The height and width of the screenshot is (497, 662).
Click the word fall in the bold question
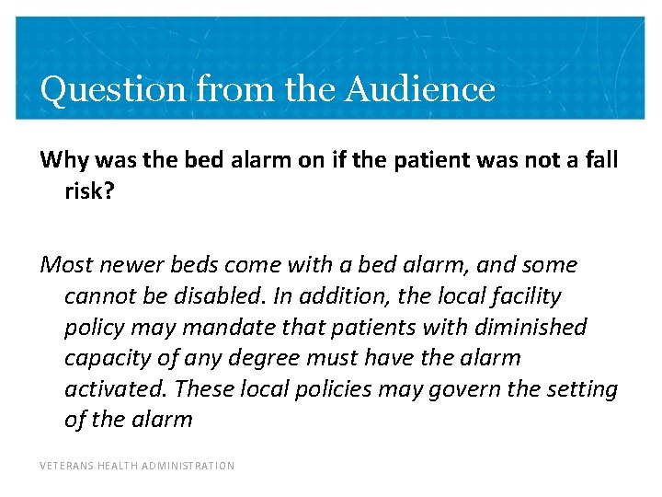click(602, 161)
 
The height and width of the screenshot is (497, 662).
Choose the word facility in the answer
click(526, 296)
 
